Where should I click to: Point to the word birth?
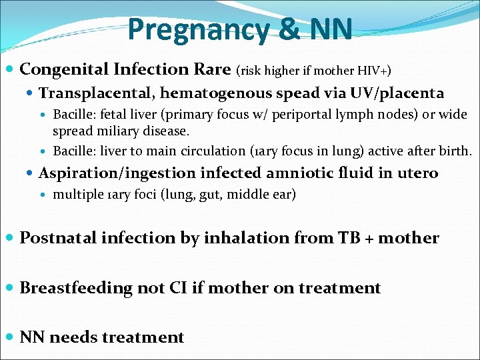tap(455, 151)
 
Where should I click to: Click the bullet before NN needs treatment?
tap(10, 337)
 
